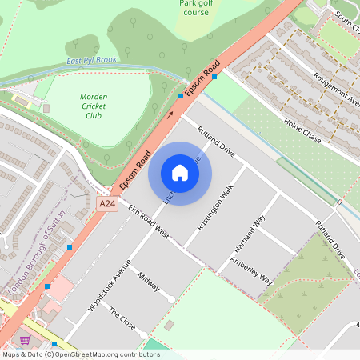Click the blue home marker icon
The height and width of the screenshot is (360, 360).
[180, 173]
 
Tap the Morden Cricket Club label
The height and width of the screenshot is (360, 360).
[94, 106]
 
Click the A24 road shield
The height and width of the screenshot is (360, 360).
[107, 205]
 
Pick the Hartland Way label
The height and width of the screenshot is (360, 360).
[250, 231]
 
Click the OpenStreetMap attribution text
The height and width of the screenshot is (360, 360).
[80, 354]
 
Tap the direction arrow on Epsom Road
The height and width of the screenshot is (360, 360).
[170, 114]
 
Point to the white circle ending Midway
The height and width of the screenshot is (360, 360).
[172, 298]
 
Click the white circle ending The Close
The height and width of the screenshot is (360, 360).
[142, 334]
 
